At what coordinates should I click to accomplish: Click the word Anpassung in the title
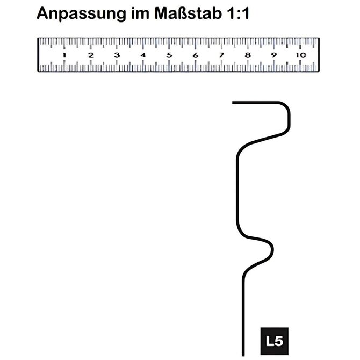(81, 14)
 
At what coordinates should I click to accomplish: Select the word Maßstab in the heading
(188, 13)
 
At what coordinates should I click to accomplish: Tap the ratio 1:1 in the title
(238, 13)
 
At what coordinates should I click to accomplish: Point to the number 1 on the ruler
(64, 55)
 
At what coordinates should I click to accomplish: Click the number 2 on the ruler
(91, 55)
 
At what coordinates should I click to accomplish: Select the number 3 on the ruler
(117, 55)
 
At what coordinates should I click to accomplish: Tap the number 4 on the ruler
(143, 55)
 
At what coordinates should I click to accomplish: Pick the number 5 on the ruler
(169, 55)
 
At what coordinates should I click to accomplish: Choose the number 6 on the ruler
(196, 55)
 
